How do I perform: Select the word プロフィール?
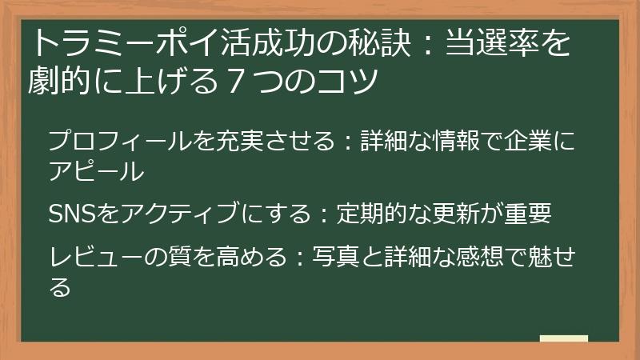(119, 141)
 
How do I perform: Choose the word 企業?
(528, 141)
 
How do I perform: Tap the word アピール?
(96, 170)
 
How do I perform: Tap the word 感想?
(479, 257)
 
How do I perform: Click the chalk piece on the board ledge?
(564, 338)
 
